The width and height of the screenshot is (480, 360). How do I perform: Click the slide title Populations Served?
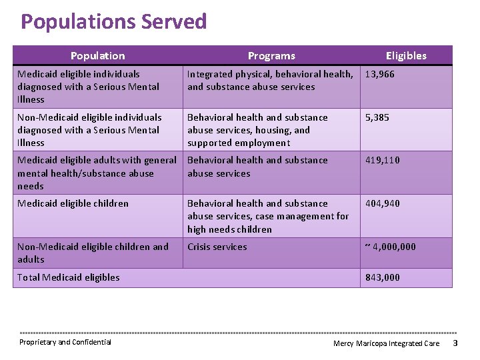[113, 22]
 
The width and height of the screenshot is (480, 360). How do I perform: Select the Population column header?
[97, 56]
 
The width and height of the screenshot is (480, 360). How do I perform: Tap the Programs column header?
[271, 56]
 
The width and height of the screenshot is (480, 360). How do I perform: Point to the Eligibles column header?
[406, 56]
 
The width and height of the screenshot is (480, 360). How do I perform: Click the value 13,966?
[380, 74]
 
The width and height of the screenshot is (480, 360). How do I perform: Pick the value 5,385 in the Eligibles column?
[377, 117]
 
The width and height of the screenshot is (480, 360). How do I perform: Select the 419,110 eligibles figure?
[383, 160]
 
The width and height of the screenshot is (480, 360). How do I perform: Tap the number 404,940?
[383, 203]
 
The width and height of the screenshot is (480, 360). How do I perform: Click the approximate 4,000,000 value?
[390, 247]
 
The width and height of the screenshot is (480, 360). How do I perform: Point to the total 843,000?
[383, 277]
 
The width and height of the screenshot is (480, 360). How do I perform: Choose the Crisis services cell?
[217, 247]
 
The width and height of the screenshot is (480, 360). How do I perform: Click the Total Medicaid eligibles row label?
[69, 277]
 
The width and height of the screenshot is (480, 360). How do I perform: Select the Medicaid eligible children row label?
[73, 203]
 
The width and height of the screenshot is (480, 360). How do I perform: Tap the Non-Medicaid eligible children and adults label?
[93, 253]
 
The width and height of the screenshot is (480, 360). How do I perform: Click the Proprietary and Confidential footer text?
[65, 342]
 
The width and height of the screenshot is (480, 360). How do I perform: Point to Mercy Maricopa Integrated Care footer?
[387, 343]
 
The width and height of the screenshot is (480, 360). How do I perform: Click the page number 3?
[455, 343]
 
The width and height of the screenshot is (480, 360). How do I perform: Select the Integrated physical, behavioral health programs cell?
[270, 81]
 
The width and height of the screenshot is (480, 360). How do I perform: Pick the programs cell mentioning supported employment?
[257, 130]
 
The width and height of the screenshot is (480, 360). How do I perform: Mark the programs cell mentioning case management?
[268, 216]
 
